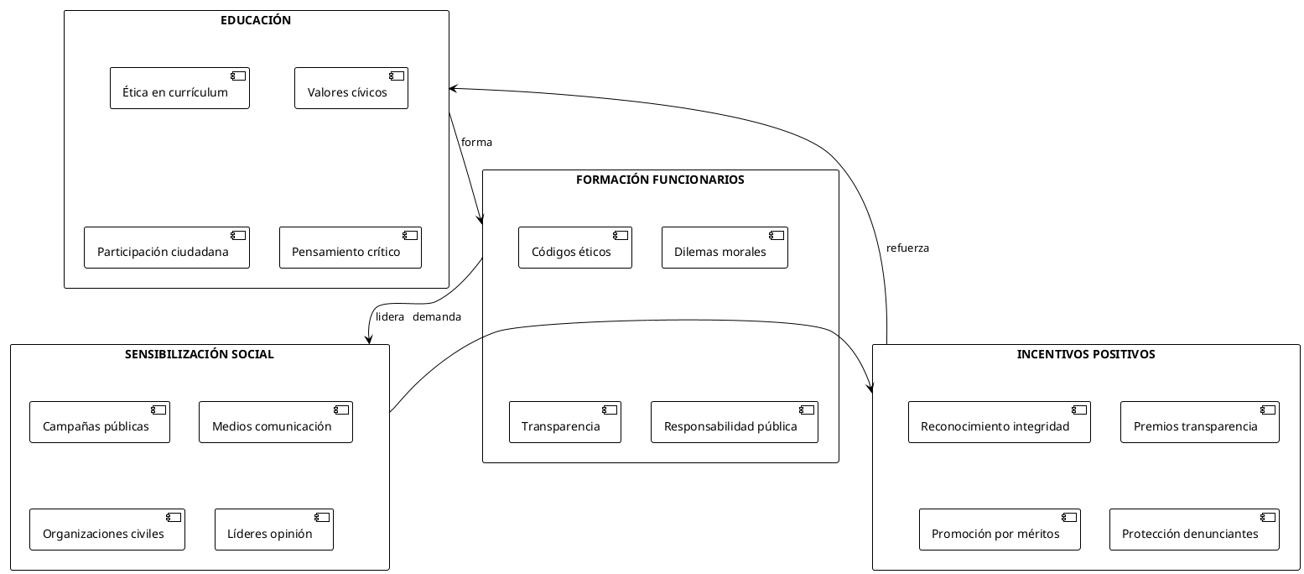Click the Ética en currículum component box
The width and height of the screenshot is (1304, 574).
point(179,89)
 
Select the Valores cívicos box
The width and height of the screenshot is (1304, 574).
point(351,89)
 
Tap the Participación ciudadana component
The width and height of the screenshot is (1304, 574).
point(167,248)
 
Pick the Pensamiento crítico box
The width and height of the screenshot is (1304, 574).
point(350,248)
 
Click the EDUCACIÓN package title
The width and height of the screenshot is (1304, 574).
point(256,21)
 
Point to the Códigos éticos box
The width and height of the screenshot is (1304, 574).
point(574,248)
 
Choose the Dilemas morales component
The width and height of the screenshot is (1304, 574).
point(724,248)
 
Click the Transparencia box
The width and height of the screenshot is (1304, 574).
point(564,423)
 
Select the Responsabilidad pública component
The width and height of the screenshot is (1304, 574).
point(734,423)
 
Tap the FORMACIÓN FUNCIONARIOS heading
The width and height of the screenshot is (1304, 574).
point(660,180)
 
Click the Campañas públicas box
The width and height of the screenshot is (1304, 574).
point(99,423)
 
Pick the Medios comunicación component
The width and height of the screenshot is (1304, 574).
point(275,423)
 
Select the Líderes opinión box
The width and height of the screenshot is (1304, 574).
point(273,530)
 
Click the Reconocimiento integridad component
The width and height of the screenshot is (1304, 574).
point(999,423)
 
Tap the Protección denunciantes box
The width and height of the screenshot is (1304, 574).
point(1193,530)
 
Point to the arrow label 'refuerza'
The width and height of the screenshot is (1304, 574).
point(907,248)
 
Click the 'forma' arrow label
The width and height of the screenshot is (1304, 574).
point(476,143)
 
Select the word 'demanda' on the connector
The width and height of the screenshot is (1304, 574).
point(436,317)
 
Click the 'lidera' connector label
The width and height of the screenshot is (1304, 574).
point(390,317)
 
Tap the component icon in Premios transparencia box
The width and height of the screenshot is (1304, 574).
point(1267,410)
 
